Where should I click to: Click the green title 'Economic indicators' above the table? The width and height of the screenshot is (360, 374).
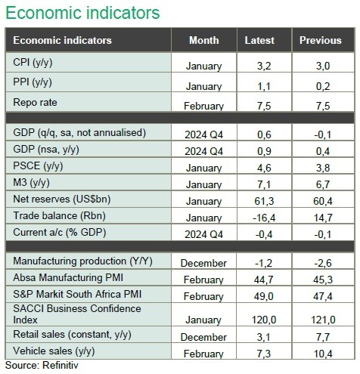[x=82, y=13]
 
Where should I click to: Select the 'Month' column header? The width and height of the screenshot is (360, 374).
[x=204, y=40]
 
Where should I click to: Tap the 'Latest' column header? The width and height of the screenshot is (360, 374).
[x=259, y=40]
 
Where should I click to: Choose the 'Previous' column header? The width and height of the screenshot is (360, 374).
[x=321, y=40]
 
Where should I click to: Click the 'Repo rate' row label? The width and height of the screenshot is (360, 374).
[x=35, y=103]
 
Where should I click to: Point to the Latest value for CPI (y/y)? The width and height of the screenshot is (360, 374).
[x=264, y=66]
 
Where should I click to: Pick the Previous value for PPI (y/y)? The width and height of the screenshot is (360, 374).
[x=323, y=86]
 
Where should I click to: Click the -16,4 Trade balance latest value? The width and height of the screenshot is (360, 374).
[x=264, y=218]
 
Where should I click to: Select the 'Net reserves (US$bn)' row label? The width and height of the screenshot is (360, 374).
[x=62, y=199]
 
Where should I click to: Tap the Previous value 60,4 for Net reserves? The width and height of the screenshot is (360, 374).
[x=323, y=201]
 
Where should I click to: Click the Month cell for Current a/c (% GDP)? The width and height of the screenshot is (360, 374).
[x=204, y=234]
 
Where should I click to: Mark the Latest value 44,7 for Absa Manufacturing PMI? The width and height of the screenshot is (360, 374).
[x=264, y=280]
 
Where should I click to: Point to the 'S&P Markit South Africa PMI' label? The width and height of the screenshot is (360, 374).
[x=77, y=294]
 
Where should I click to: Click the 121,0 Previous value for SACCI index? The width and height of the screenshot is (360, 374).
[x=323, y=320]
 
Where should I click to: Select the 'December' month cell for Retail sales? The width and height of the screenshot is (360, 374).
[x=203, y=337]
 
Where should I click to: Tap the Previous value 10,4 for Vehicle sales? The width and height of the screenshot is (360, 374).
[x=323, y=354]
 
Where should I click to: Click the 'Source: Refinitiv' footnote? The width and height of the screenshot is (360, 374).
[x=42, y=365]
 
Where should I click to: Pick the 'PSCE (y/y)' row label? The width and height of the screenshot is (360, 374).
[x=38, y=166]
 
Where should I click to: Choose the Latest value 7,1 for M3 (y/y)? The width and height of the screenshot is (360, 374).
[x=264, y=184]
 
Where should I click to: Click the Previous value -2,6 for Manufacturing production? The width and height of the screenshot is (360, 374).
[x=323, y=263]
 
